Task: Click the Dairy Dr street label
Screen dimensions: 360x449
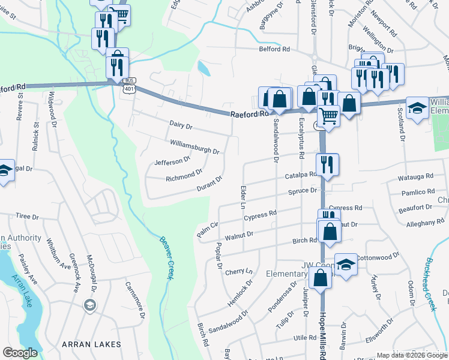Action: tap(181, 127)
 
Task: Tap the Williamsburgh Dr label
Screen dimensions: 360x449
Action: tap(194, 147)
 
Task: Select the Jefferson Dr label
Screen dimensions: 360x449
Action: tap(172, 161)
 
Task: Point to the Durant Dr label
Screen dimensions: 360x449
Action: tap(210, 184)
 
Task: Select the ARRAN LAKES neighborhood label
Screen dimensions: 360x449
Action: tap(91, 344)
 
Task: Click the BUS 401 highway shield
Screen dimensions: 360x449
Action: tap(128, 85)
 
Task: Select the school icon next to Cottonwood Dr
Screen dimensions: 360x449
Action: tap(346, 264)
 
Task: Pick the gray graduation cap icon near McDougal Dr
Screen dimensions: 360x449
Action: tap(90, 306)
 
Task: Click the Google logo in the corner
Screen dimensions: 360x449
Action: tap(20, 353)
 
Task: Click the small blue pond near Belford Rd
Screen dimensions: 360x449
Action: tap(204, 69)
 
